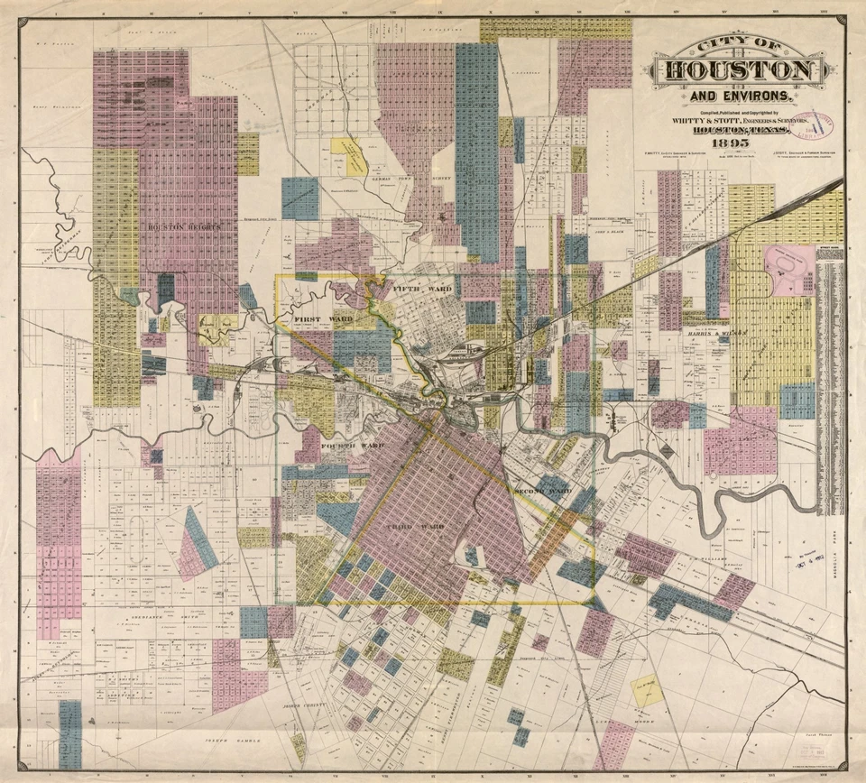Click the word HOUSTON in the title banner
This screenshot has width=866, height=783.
[739, 71]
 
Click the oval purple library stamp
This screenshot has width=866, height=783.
[813, 126]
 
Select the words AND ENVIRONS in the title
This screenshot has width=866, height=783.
[739, 96]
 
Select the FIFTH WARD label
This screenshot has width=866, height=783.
[422, 288]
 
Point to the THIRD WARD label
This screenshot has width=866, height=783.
[412, 526]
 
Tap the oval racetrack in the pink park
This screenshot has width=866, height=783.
[789, 268]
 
